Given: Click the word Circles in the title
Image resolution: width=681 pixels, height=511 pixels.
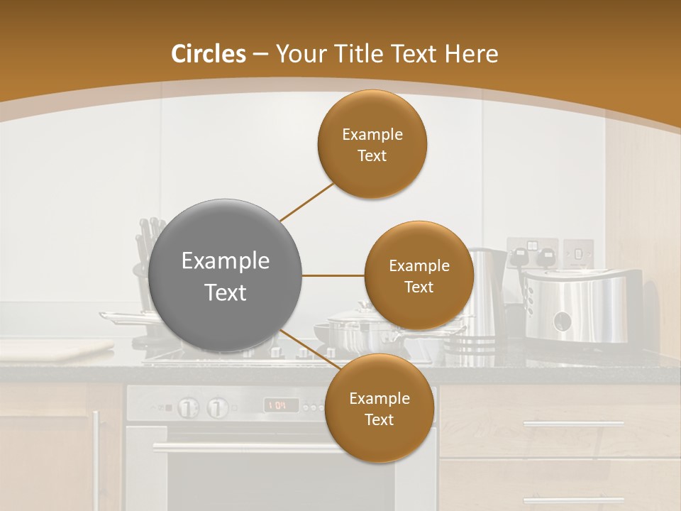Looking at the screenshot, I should coord(209,54).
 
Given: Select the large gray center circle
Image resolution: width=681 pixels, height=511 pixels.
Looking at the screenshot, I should coord(226,276).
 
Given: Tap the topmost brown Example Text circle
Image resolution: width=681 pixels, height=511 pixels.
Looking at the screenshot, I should coord(372,144).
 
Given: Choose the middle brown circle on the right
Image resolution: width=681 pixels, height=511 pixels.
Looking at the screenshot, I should coord(419,275).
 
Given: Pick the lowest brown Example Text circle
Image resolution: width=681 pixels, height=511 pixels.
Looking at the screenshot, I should coord(379,408).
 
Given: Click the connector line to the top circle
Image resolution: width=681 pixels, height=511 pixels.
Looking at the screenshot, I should coord(306,202).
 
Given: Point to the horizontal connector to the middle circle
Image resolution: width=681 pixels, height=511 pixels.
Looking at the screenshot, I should coord(333,275).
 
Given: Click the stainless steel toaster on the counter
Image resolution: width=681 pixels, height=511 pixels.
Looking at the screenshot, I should coord(582,305).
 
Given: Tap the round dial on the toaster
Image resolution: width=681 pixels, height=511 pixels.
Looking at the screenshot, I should coord(563,322).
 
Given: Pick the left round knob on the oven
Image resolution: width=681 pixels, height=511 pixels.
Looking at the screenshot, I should coord(187,407).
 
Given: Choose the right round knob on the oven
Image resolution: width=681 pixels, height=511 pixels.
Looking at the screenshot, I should coord(217,407).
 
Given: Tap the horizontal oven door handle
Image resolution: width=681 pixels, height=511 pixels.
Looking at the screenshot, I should coord(241,447).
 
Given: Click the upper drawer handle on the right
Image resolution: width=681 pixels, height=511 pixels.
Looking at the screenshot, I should coord(573,424).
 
